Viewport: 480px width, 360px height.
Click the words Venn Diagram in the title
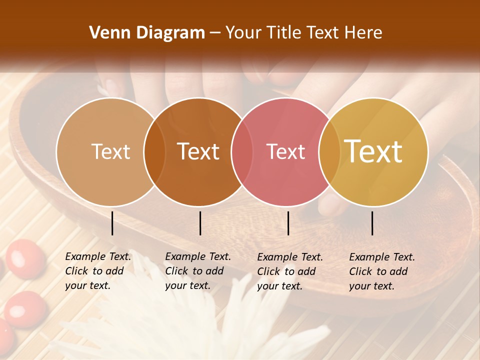point(147,33)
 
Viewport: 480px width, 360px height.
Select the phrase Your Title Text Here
point(303,33)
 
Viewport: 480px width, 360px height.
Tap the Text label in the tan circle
point(110,151)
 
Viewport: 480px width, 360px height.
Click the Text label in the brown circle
point(198,151)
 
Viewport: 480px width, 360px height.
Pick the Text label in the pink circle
point(285,151)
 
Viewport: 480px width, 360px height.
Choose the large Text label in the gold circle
point(373,151)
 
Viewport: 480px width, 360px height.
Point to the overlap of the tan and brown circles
point(154,152)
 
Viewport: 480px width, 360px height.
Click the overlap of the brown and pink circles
point(242,152)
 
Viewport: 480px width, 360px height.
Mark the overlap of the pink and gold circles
point(329,152)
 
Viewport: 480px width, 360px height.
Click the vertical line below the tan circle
point(112,223)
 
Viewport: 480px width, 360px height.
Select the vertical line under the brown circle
point(200,223)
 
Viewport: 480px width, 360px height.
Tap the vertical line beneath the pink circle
point(288,223)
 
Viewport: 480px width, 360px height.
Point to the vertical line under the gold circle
point(372,223)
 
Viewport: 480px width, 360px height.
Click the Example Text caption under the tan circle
point(97,271)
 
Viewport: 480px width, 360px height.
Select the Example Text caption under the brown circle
point(197,271)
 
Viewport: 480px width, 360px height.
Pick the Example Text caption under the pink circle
point(289,271)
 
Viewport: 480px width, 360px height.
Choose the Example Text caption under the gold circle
point(381,271)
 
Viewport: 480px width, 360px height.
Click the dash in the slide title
point(215,33)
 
